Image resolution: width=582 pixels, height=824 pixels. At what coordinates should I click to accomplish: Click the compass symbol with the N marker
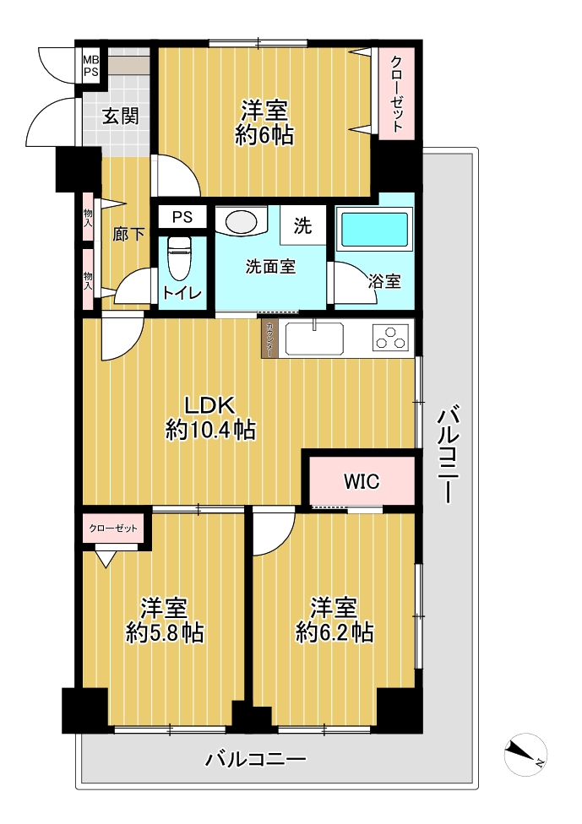(525, 755)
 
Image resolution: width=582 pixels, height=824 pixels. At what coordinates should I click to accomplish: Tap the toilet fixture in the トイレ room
(177, 258)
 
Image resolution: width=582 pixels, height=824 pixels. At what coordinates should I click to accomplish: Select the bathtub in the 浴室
(374, 229)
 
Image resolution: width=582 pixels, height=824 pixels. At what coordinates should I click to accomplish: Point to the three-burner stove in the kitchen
(389, 337)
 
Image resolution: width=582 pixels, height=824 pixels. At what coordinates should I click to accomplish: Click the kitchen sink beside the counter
(314, 339)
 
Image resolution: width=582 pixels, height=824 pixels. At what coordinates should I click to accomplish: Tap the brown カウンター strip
(269, 339)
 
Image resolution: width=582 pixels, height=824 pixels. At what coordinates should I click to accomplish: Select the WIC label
(362, 481)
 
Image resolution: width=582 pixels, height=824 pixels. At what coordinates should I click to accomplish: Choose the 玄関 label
(121, 116)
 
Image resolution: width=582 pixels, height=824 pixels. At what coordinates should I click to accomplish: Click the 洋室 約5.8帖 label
(165, 620)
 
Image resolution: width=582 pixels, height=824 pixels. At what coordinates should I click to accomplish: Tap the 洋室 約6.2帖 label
(335, 620)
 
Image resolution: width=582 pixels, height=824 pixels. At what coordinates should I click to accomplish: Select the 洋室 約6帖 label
(264, 123)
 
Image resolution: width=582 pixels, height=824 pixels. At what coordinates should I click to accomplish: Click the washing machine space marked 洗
(303, 225)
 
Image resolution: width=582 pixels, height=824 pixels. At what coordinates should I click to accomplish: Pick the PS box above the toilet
(182, 216)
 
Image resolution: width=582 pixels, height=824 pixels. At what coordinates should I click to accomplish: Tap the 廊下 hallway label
(128, 234)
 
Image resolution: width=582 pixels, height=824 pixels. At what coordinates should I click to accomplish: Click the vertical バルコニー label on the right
(449, 454)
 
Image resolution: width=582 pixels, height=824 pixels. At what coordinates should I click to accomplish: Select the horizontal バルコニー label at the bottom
(255, 759)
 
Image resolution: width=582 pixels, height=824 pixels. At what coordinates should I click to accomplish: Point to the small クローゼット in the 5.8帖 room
(113, 529)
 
